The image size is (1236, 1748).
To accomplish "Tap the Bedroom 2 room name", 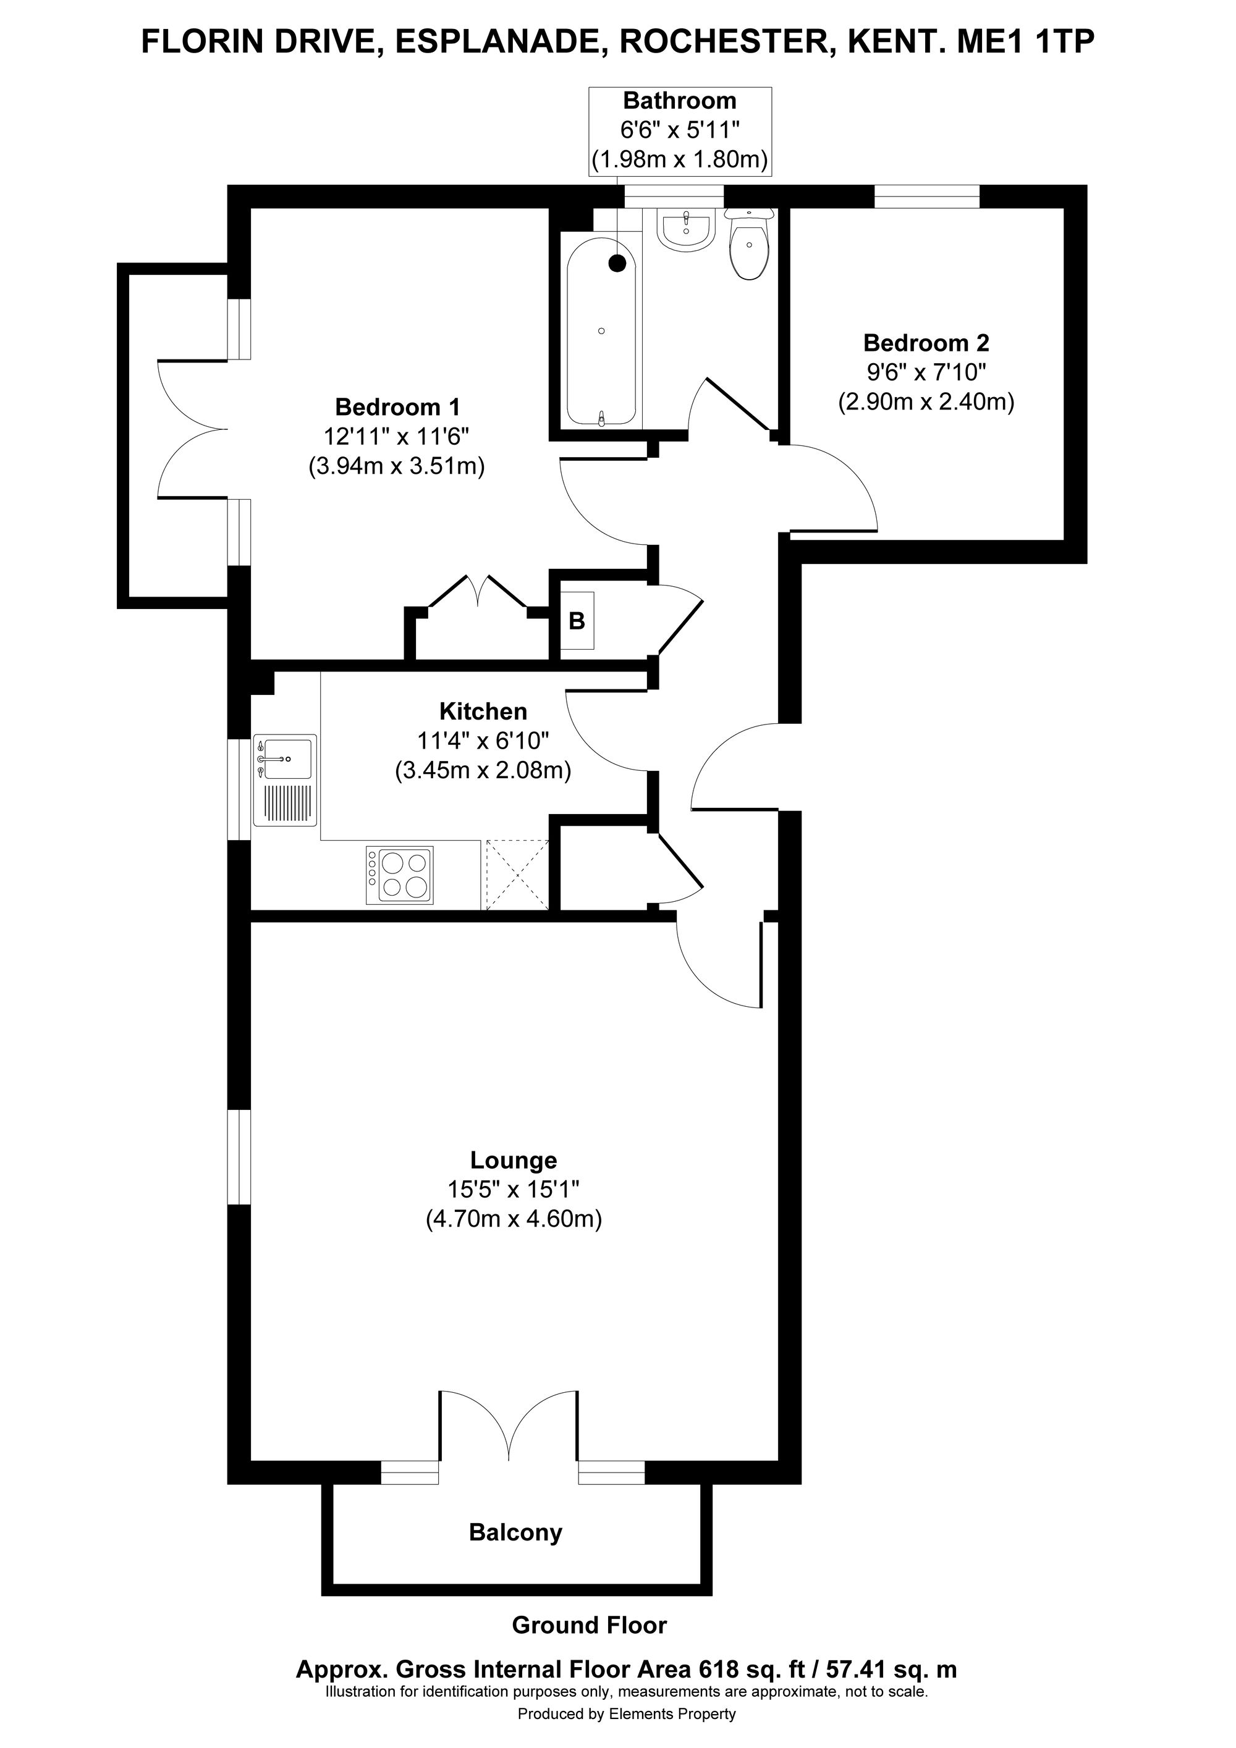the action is tap(926, 343).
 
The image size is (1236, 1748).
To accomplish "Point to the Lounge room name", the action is tap(514, 1160).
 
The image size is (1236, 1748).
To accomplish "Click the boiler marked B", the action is tap(577, 621).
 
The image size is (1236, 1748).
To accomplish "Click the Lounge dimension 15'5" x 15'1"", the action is tap(514, 1189).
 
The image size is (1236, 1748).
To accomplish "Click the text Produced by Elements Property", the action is tap(627, 1715).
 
